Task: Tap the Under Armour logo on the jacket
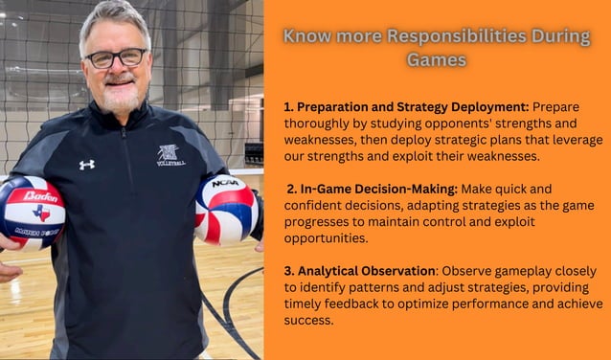pyautogui.click(x=86, y=165)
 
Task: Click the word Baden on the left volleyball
pyautogui.click(x=39, y=196)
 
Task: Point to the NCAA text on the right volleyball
pyautogui.click(x=225, y=183)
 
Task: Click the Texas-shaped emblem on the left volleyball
pyautogui.click(x=40, y=212)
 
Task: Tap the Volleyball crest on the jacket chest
pyautogui.click(x=170, y=155)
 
